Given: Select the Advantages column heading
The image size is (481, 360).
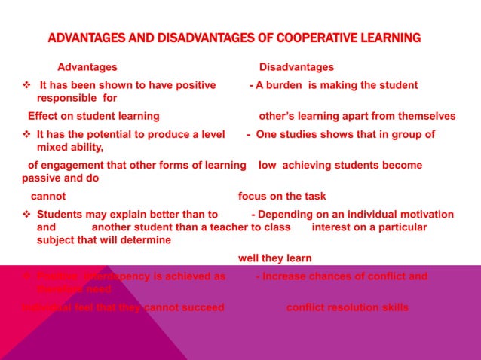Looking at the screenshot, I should coord(87,67).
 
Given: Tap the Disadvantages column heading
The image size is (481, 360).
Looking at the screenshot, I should coord(296,67).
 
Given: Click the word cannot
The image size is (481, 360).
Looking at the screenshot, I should coord(47,196).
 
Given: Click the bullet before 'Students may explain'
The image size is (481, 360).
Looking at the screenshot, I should coord(26,214).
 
